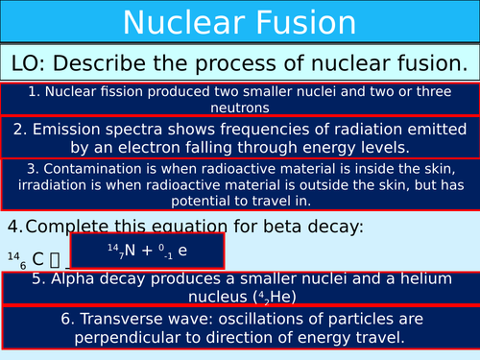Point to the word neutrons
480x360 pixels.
(x=239, y=108)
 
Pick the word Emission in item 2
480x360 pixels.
(x=72, y=130)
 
